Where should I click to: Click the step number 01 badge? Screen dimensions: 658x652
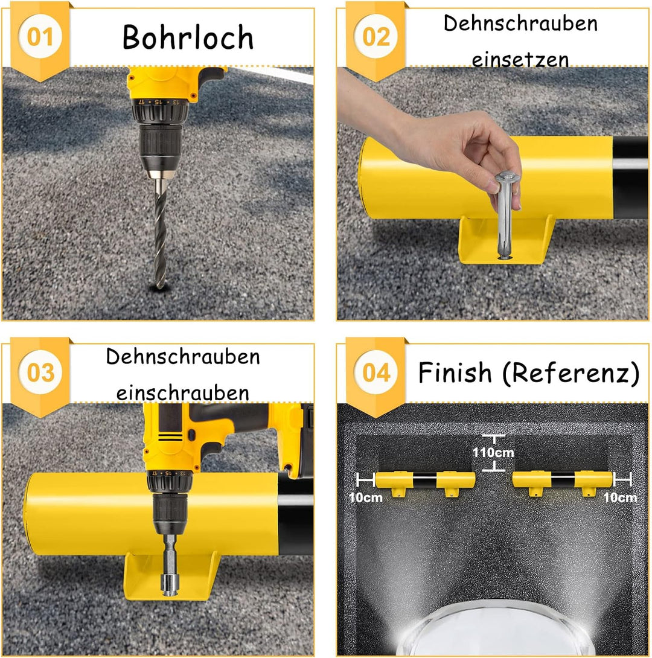40,37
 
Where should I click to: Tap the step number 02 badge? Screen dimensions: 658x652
376,37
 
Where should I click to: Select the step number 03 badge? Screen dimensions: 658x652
40,372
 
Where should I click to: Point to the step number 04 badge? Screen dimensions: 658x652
376,372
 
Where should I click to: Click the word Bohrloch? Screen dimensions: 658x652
188,37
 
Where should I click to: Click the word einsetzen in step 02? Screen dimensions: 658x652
520,60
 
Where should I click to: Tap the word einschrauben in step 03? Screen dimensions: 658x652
183,392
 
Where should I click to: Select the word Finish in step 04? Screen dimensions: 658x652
455,372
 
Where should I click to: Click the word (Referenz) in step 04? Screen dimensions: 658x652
570,373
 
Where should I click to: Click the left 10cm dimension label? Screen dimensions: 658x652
365,497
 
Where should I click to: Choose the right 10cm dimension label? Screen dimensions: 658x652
620,497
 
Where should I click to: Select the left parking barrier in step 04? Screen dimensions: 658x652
424,481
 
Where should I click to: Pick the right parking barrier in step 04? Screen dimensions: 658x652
563,481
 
